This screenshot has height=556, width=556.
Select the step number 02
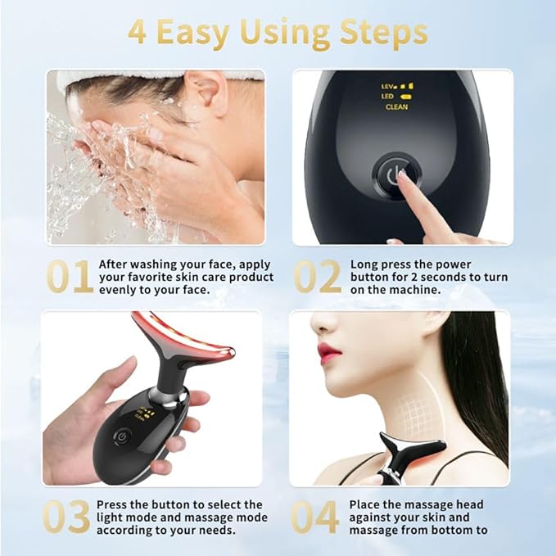317,277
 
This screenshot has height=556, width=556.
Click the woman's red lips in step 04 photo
328,353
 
